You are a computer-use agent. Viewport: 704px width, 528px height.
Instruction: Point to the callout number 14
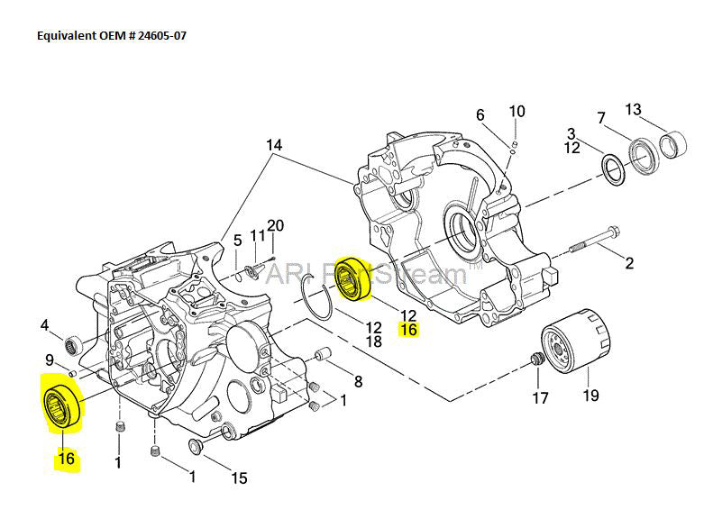point(274,145)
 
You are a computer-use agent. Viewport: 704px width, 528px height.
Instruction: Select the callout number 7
point(601,118)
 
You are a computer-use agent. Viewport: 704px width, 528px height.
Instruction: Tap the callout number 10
point(517,112)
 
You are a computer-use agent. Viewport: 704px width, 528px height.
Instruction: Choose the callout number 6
point(480,115)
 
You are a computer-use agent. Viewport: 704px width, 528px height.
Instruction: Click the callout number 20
point(275,225)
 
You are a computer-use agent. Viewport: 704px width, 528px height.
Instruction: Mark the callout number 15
point(239,478)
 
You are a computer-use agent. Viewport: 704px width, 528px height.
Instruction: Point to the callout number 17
point(539,396)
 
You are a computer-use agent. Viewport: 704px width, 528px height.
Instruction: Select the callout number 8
point(358,381)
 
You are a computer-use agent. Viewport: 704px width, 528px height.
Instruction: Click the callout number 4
point(44,325)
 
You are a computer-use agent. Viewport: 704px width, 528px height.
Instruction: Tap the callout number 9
point(50,360)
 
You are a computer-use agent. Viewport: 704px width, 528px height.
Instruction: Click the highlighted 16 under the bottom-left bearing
point(66,459)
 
